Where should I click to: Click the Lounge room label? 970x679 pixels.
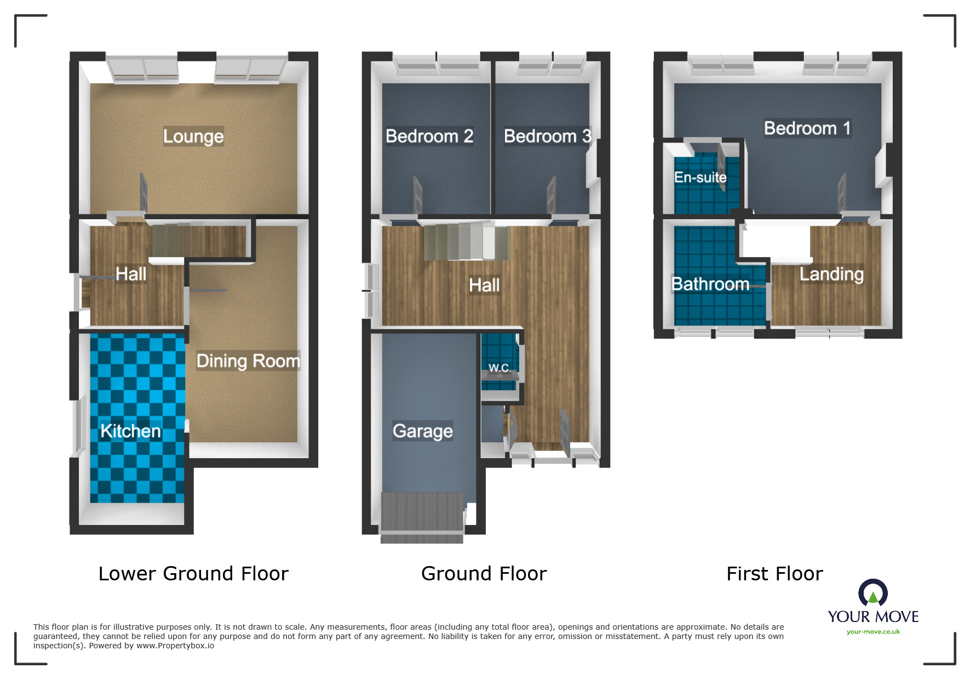click(193, 136)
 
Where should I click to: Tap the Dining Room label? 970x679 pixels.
click(248, 361)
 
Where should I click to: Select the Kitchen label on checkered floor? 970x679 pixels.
click(130, 431)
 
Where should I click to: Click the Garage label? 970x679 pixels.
click(422, 431)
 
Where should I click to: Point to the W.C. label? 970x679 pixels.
click(500, 368)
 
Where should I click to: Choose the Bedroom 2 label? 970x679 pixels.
click(429, 136)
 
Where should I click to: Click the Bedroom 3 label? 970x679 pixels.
click(547, 136)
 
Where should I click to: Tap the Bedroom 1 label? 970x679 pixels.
click(807, 128)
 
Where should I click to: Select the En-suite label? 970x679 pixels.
click(700, 178)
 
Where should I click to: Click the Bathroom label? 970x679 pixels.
click(710, 284)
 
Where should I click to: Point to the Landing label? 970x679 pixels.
click(831, 274)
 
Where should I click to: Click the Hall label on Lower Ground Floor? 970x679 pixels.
click(130, 274)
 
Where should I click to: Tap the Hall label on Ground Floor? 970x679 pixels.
click(484, 285)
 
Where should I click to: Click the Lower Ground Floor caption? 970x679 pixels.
click(193, 574)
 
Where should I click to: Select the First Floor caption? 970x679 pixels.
click(774, 574)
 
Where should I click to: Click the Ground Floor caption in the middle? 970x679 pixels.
click(484, 574)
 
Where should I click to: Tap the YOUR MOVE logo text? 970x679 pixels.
click(873, 617)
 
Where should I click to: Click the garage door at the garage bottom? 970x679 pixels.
click(422, 518)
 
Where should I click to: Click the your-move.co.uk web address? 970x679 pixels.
click(873, 632)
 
